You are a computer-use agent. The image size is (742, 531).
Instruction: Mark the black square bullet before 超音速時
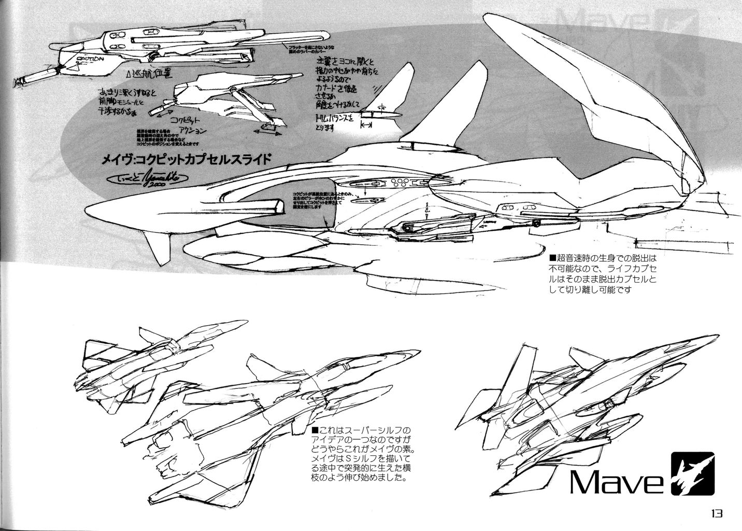(553, 257)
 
